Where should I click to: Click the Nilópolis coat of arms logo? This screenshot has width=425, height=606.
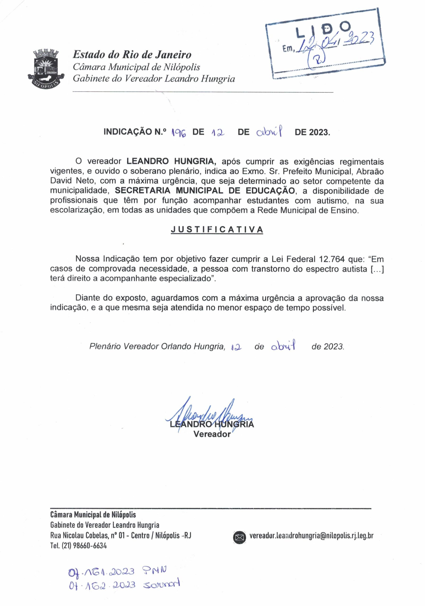point(46,69)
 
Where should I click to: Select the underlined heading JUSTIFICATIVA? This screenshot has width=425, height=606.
point(217,230)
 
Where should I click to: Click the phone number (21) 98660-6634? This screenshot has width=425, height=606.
point(84,546)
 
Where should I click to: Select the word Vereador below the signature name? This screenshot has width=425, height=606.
point(212,434)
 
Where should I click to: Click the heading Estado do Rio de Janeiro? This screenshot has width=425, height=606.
point(132,55)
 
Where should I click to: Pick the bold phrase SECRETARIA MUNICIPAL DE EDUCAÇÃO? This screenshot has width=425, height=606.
point(205,191)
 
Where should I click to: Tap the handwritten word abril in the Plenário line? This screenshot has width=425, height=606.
point(283,346)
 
